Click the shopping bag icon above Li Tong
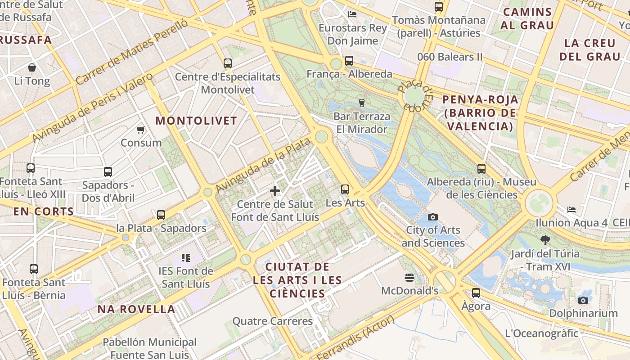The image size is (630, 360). [32, 68]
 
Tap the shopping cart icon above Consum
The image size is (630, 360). [140, 130]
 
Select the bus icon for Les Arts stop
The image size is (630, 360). [345, 189]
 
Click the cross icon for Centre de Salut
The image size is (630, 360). [275, 191]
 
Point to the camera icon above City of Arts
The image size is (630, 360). [433, 217]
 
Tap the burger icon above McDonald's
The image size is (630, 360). [409, 277]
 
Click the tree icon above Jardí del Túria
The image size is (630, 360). [545, 240]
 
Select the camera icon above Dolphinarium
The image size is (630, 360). [583, 300]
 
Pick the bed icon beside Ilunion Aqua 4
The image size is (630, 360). [571, 210]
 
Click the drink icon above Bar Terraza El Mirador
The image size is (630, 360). [361, 103]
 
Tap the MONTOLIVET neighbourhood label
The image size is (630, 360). [196, 121]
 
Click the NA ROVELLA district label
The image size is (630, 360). [136, 309]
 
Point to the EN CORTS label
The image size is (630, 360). [43, 211]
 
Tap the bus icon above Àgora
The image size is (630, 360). [476, 293]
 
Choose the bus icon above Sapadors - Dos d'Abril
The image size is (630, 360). [108, 171]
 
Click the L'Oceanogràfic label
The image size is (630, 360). [541, 333]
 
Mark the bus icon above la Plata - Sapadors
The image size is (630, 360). [161, 215]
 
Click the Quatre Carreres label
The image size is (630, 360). [272, 321]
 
